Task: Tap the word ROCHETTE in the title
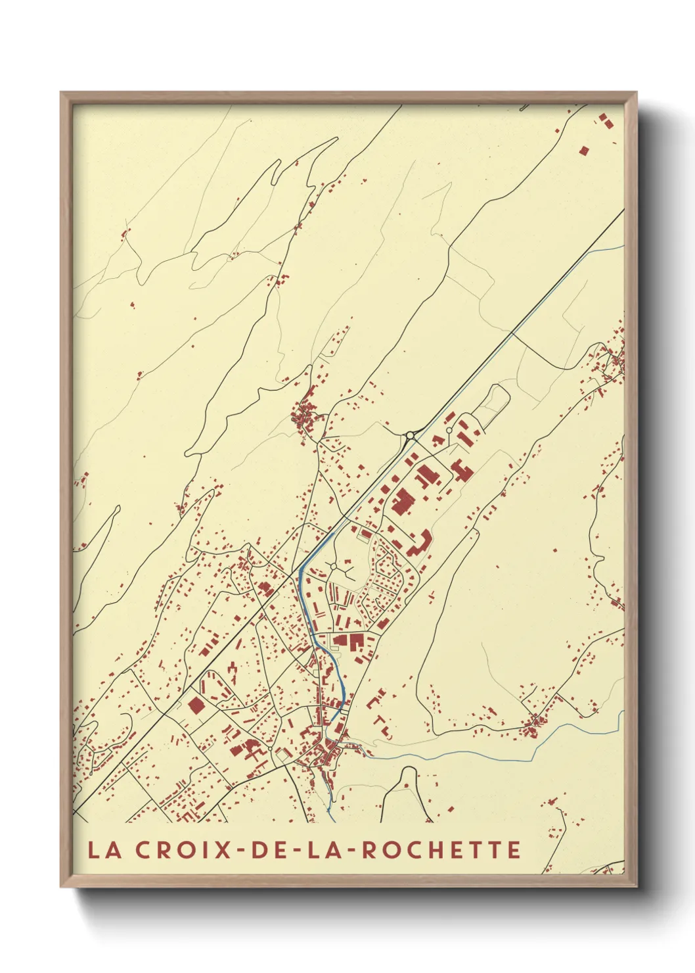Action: click(x=441, y=849)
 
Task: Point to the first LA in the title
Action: click(x=105, y=849)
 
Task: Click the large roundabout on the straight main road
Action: click(x=411, y=435)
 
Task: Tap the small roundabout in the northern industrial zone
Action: click(x=449, y=430)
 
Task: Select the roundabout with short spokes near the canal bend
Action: click(x=334, y=565)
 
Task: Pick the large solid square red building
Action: click(x=196, y=706)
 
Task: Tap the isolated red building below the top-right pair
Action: click(x=583, y=151)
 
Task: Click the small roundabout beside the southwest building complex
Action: click(x=270, y=748)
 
